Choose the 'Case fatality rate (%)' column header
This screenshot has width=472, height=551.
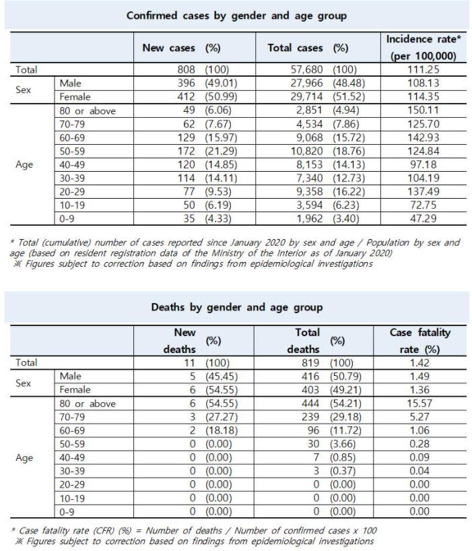point(420,340)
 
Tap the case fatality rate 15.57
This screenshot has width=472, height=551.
point(419,403)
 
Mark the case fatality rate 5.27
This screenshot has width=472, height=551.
point(419,417)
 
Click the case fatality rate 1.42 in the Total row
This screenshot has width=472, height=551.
point(419,362)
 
